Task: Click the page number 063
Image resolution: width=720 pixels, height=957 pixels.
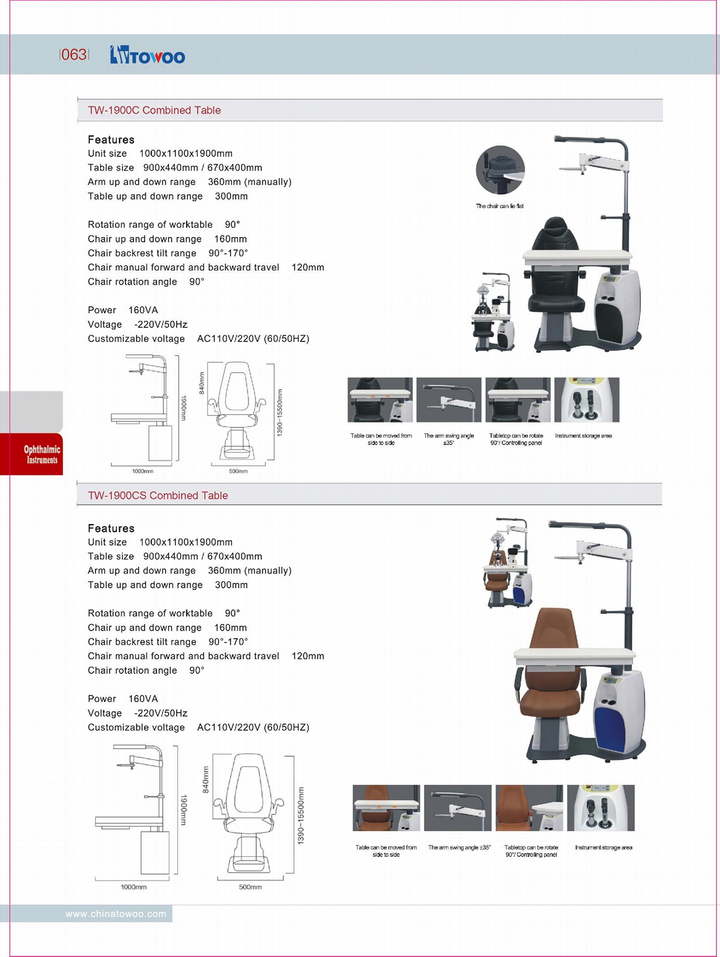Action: [x=74, y=55]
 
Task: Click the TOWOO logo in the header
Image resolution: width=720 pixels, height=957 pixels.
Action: [x=148, y=55]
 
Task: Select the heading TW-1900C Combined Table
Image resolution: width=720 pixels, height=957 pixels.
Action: [x=154, y=110]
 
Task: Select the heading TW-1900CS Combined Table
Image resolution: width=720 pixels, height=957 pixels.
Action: [x=158, y=495]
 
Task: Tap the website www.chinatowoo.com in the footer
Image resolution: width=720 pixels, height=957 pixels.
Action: [x=115, y=914]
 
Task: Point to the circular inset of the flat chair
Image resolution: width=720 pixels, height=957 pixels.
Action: [x=500, y=170]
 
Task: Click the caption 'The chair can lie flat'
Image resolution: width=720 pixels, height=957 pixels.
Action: [x=499, y=206]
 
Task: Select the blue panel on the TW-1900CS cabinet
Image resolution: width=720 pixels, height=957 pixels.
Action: [x=610, y=729]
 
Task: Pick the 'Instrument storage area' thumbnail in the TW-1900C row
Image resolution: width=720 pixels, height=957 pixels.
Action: [x=587, y=400]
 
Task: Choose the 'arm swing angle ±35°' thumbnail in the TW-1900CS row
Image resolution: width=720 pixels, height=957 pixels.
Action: [x=458, y=808]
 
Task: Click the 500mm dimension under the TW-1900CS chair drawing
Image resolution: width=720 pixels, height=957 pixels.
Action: [x=250, y=887]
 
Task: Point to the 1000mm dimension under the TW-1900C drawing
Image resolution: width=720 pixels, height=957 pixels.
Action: [x=142, y=471]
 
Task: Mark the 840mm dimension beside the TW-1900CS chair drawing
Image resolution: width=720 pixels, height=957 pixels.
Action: [x=206, y=779]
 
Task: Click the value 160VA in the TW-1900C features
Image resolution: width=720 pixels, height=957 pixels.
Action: [x=143, y=310]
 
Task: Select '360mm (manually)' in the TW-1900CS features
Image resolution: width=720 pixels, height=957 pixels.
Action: [x=250, y=571]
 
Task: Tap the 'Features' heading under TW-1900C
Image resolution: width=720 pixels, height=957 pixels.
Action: [x=111, y=140]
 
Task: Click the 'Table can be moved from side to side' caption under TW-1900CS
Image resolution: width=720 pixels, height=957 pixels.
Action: [x=386, y=851]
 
